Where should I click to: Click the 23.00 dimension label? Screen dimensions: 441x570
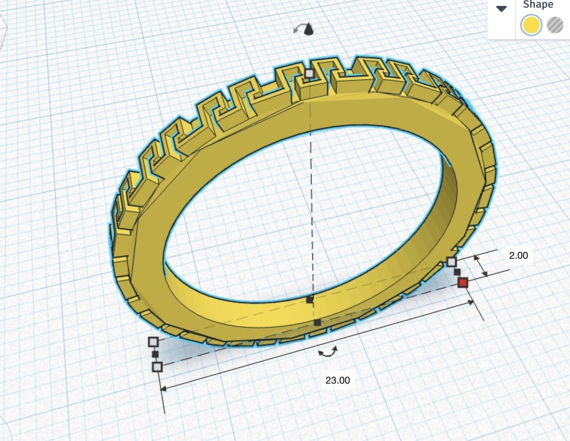point(337,380)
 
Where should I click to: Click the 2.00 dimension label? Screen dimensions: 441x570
point(518,255)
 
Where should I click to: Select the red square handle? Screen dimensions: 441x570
point(463,282)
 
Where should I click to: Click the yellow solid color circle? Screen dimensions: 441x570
point(531,25)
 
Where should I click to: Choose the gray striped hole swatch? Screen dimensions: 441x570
point(555,25)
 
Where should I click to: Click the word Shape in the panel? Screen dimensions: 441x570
point(538,5)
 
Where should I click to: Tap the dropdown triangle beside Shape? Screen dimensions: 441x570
point(501,9)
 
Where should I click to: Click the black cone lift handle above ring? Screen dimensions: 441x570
point(308,30)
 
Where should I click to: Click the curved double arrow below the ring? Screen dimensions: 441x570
point(328,352)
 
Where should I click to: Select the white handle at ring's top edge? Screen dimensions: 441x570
point(309,73)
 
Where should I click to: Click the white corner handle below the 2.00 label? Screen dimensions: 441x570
point(451,262)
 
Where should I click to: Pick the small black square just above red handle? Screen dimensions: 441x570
point(457,272)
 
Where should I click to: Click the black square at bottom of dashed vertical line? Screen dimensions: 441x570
point(317,323)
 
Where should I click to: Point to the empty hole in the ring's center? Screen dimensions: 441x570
point(306,216)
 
